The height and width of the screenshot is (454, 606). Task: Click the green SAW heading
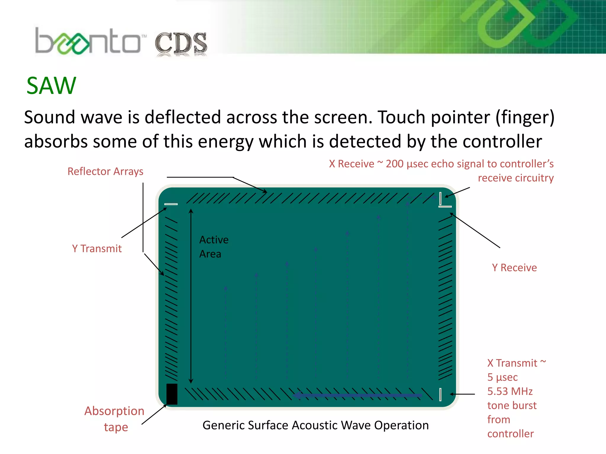coord(51,86)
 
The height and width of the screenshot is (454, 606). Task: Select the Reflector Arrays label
coord(105,171)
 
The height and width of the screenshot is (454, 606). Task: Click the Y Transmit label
coord(97,249)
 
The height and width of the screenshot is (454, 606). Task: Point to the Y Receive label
coord(514,267)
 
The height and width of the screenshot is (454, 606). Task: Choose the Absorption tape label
coord(115,419)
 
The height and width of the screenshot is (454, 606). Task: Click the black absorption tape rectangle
coord(172,394)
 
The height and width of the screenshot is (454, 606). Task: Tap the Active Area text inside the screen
coord(214,247)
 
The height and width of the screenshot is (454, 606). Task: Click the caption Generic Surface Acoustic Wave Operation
coord(315,425)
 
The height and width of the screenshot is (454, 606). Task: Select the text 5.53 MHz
coord(510,391)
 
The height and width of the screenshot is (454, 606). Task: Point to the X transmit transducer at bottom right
coord(440,394)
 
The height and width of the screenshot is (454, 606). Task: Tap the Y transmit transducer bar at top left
coord(171,204)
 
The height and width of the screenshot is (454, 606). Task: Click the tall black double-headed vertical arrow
coord(191,296)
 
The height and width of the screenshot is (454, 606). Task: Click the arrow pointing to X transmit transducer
coord(462,394)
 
